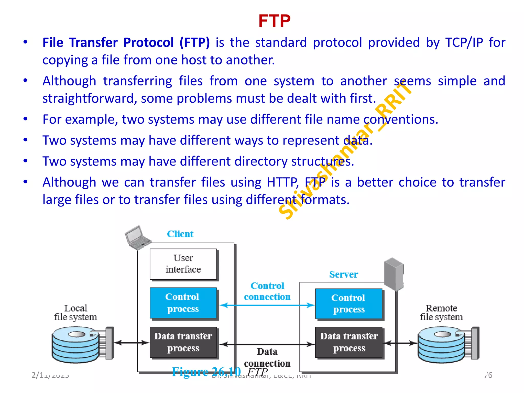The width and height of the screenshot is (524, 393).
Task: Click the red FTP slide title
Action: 274,21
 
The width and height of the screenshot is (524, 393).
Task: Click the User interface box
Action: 183,264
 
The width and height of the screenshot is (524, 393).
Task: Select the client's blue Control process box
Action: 183,303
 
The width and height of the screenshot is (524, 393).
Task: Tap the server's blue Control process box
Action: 348,304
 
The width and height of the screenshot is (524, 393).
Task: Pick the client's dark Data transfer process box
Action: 183,342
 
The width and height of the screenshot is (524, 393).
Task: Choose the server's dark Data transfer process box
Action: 349,342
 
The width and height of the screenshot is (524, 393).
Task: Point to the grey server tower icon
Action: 394,274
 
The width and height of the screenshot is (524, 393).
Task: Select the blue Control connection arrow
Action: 267,305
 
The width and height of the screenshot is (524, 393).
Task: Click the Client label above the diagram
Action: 180,234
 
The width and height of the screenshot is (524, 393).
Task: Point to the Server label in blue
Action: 343,274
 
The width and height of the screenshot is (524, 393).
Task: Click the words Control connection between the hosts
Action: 267,291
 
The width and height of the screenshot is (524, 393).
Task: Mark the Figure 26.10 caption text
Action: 206,372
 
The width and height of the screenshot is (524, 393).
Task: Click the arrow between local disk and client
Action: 131,343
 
